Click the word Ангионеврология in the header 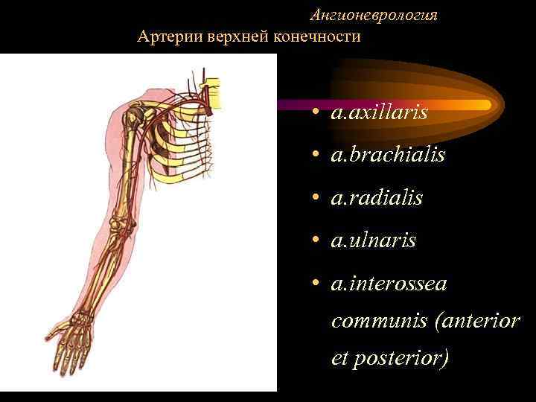(x=374, y=15)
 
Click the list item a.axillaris (x=380, y=112)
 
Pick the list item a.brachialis (x=388, y=155)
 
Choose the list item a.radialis (x=377, y=198)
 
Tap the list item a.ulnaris (x=374, y=240)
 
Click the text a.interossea (x=389, y=283)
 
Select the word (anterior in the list (x=476, y=321)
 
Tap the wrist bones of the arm (x=83, y=318)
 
